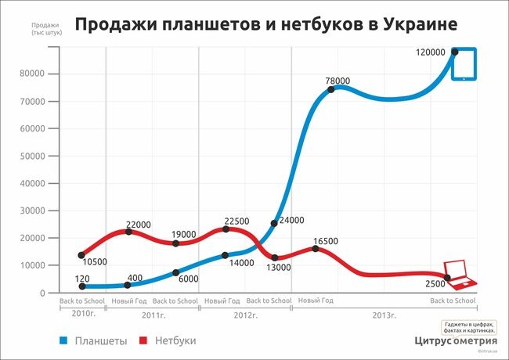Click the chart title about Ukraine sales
[x=266, y=24]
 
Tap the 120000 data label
[x=431, y=52]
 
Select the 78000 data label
[x=339, y=80]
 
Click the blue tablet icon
[x=464, y=64]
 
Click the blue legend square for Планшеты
[x=63, y=341]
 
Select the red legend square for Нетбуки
[x=143, y=341]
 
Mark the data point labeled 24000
[x=274, y=223]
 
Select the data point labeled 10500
[x=60, y=255]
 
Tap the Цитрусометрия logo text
[x=457, y=340]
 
